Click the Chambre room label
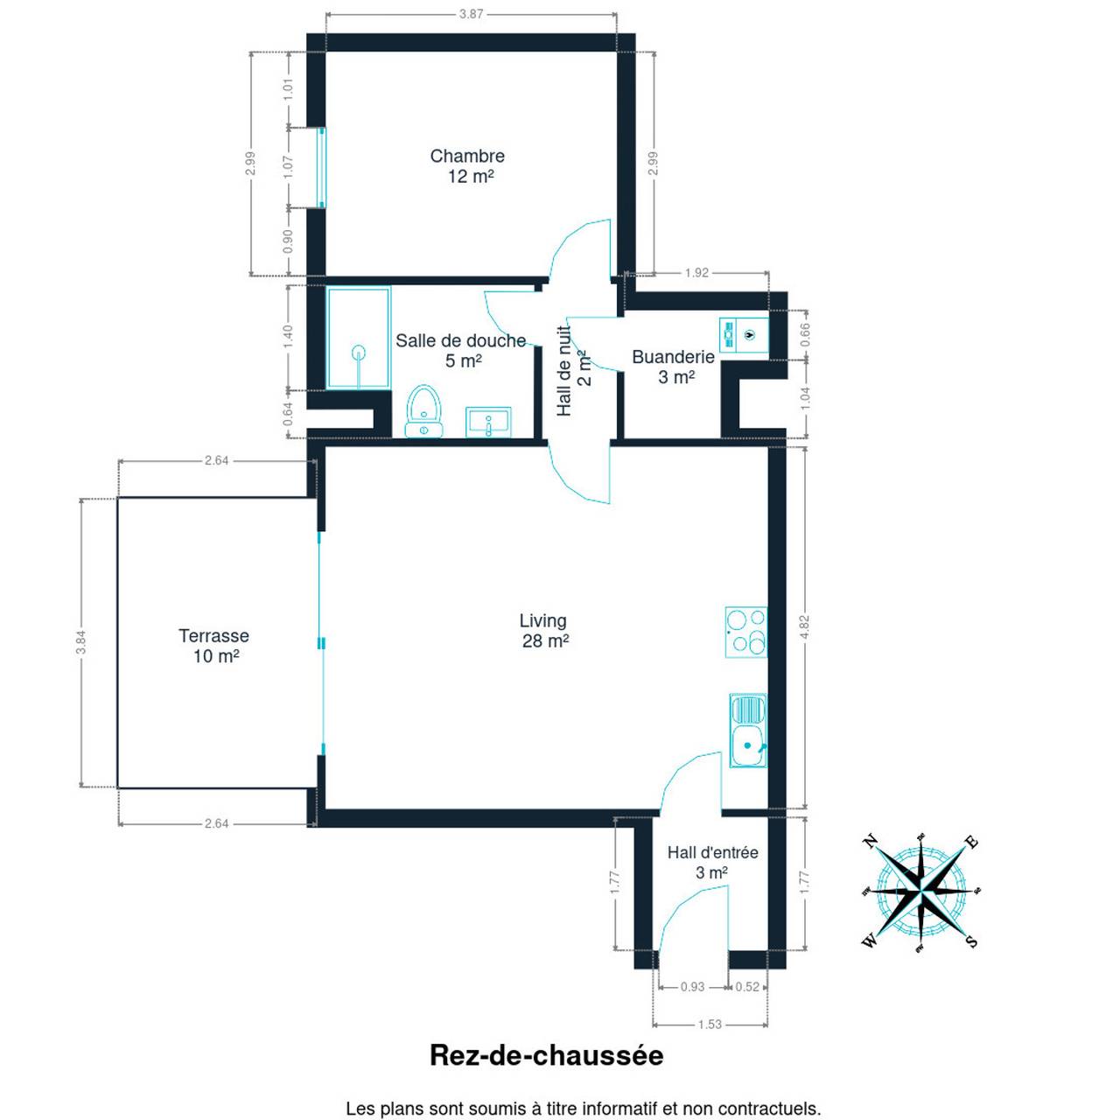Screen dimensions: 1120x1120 467,156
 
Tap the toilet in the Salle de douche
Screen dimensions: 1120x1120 424,410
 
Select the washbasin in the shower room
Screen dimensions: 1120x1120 488,422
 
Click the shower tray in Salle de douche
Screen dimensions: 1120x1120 358,338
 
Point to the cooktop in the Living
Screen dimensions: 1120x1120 746,632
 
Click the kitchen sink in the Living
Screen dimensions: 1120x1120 749,731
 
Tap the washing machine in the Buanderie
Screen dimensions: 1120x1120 744,335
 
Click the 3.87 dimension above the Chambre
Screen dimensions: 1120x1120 471,14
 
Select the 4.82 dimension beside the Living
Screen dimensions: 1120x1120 804,626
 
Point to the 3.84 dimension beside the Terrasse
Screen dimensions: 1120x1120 81,642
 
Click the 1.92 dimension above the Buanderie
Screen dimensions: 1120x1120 696,273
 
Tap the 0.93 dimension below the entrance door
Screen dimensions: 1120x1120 692,987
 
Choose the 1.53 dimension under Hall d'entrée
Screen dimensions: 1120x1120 710,1024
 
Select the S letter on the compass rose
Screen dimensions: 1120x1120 972,941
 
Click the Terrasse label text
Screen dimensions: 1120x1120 213,635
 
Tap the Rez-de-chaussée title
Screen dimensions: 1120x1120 546,1055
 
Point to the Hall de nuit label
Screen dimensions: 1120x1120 564,371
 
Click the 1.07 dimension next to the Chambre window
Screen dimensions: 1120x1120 288,167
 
